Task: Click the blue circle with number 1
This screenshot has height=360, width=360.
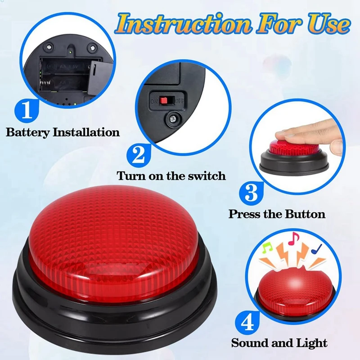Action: (x=27, y=109)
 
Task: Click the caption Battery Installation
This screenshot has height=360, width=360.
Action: (x=63, y=132)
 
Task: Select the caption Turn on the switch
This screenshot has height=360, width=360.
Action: (x=171, y=175)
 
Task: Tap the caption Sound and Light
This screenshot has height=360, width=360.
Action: (x=279, y=343)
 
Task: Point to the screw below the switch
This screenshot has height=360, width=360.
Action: (x=171, y=119)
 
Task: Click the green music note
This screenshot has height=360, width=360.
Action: (x=267, y=247)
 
